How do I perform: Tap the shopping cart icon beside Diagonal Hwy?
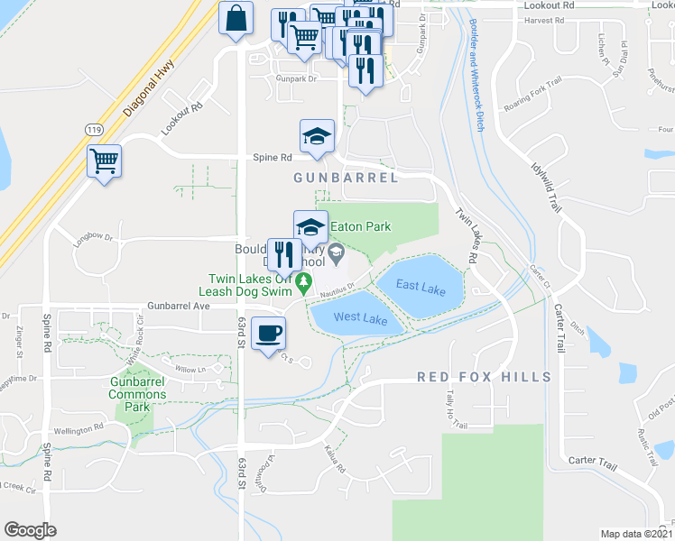pyautogui.click(x=105, y=162)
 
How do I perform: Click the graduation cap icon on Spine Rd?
pyautogui.click(x=317, y=137)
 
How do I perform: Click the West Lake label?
pyautogui.click(x=360, y=318)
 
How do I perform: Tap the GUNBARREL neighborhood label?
pyautogui.click(x=346, y=179)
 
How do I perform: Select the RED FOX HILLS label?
pyautogui.click(x=484, y=376)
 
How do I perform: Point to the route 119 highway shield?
pyautogui.click(x=94, y=130)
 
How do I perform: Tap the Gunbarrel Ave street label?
pyautogui.click(x=179, y=307)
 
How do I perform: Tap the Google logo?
pyautogui.click(x=30, y=530)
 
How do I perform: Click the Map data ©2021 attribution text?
pyautogui.click(x=635, y=534)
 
